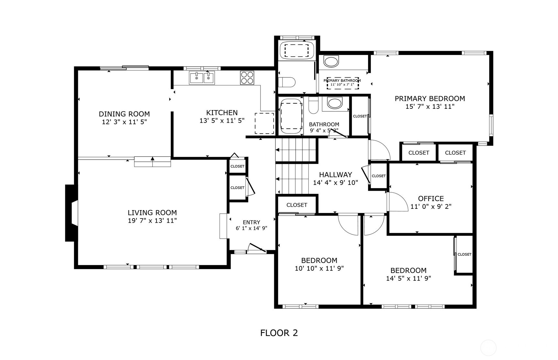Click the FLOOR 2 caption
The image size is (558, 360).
tap(279, 333)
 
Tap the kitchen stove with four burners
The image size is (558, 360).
tap(247, 78)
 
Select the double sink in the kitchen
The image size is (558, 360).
tap(202, 78)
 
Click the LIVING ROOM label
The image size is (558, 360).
tap(152, 213)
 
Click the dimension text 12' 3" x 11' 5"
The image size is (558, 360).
tap(124, 122)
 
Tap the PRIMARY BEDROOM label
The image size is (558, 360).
tap(430, 98)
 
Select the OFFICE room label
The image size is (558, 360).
tap(431, 198)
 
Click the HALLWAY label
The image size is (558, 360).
tap(335, 175)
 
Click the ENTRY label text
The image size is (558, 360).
tap(251, 222)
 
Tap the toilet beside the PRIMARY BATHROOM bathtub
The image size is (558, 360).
tap(287, 82)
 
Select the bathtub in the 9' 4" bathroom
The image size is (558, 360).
tap(291, 117)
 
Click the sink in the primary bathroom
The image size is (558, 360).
tap(332, 62)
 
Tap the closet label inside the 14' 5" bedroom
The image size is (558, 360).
tap(465, 254)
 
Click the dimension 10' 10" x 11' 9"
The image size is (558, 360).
tap(319, 268)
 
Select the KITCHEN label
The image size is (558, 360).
tap(222, 113)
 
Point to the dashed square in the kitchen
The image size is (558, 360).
tap(264, 123)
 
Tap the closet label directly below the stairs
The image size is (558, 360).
tap(297, 205)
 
